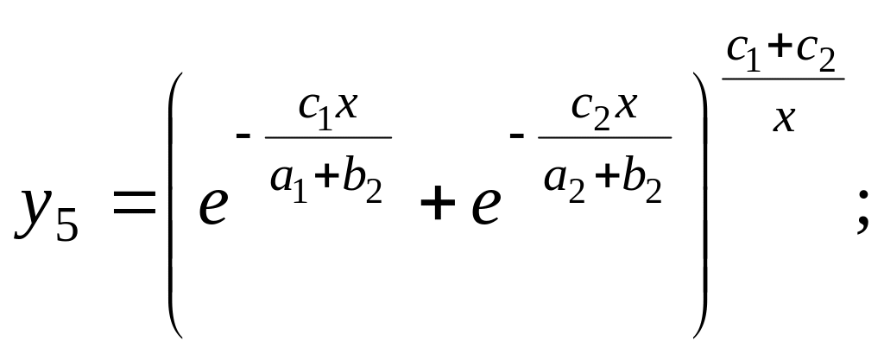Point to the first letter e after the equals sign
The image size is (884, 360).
(212, 206)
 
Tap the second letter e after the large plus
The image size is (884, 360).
(486, 206)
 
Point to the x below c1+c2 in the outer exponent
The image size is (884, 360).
(784, 116)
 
